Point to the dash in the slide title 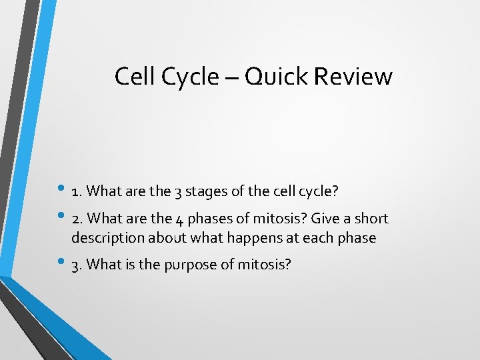[231, 78]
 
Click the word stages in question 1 [205, 192]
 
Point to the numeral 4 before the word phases [178, 219]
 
